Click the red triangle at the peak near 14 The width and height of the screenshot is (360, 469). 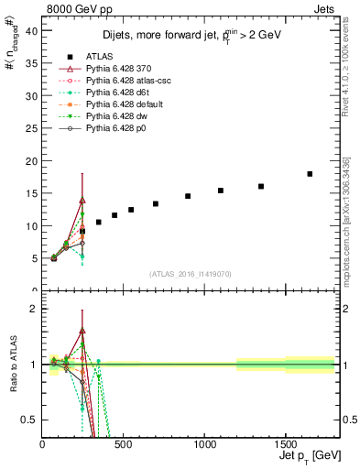(x=82, y=200)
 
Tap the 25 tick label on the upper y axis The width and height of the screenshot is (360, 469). (x=33, y=128)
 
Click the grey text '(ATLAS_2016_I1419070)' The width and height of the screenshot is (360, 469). (x=190, y=274)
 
